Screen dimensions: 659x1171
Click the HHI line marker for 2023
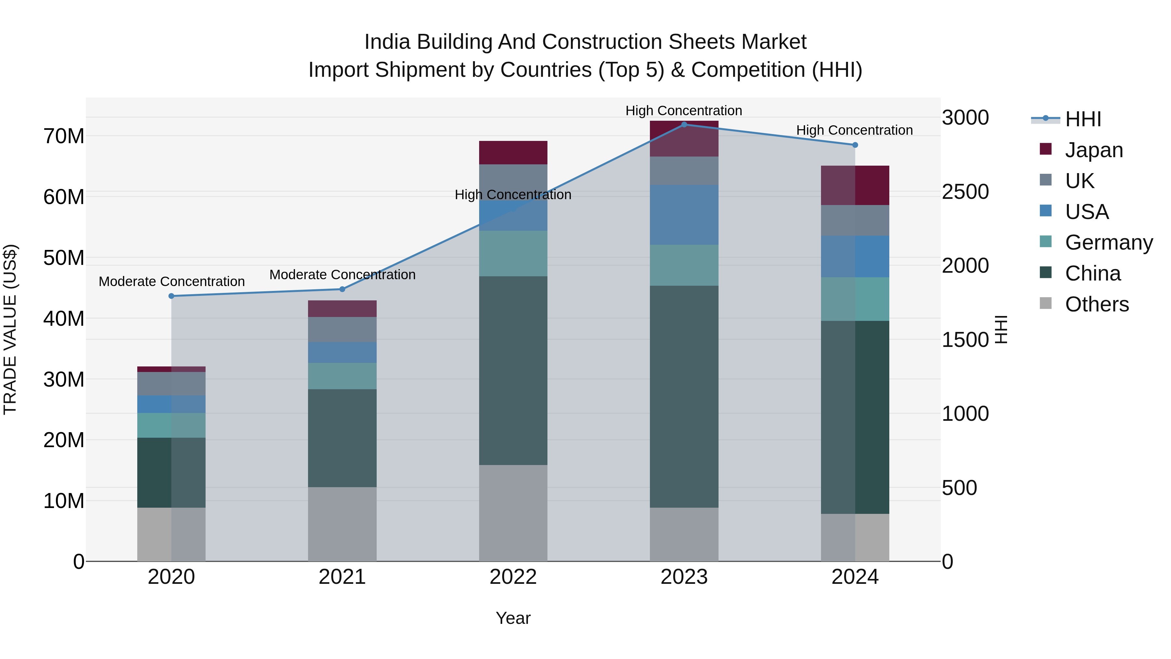(684, 125)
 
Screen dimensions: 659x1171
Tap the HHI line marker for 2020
(171, 296)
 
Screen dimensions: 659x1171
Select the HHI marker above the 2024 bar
(855, 145)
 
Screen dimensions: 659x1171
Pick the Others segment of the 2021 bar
(342, 524)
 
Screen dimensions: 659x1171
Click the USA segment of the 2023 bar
(684, 215)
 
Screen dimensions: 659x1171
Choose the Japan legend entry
(1093, 150)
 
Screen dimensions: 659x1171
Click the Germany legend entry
(1108, 242)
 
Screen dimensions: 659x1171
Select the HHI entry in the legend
(1082, 119)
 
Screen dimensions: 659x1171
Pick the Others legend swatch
(1045, 303)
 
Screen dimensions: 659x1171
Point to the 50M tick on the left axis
(64, 258)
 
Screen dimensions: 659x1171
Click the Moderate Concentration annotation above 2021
(342, 275)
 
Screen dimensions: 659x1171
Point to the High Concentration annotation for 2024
(854, 130)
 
